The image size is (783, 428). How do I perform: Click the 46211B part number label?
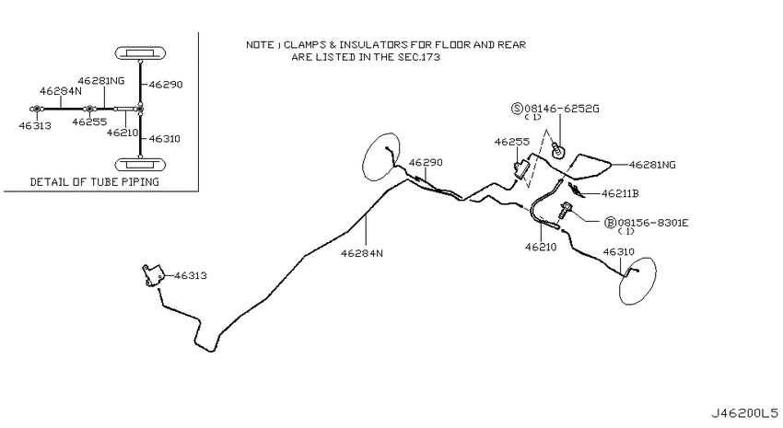[620, 193]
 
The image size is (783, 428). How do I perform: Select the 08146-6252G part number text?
[561, 109]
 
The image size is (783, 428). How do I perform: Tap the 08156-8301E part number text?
[653, 223]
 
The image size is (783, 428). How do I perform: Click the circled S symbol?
[517, 109]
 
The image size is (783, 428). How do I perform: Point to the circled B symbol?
[610, 223]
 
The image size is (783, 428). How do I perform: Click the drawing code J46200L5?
[744, 413]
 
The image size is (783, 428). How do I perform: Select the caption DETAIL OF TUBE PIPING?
[94, 182]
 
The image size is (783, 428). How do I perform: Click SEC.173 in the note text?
[418, 57]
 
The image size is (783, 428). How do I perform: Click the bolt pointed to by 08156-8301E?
[564, 212]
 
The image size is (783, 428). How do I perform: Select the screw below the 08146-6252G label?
[558, 149]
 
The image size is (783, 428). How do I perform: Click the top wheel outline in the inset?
[140, 52]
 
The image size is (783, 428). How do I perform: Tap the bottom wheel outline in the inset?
[140, 164]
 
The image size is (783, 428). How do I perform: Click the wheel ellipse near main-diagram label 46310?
[637, 281]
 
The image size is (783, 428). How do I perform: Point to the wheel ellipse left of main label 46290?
[380, 156]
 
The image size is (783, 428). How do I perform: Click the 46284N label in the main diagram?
[361, 253]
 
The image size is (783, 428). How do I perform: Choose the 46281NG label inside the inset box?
[101, 81]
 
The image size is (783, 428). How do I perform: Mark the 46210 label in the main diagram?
[541, 247]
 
